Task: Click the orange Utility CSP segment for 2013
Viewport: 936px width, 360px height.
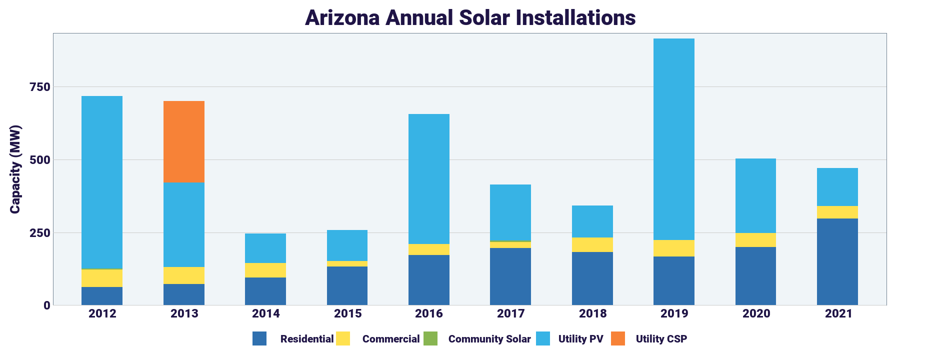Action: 183,142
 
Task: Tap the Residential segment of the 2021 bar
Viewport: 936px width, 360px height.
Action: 837,261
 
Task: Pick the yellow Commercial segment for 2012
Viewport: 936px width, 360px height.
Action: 102,278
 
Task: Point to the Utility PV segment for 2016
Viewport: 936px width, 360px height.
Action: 428,179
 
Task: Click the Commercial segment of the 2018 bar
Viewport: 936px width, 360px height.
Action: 592,244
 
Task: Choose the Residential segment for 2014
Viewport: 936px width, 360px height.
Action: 265,291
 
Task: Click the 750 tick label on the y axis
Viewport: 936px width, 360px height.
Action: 40,87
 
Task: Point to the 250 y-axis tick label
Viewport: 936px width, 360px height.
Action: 40,233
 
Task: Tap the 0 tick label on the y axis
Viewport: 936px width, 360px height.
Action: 47,305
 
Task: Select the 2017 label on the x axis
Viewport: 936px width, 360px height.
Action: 510,314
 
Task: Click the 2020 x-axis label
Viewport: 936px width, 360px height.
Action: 755,314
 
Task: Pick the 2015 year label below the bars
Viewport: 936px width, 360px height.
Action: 347,314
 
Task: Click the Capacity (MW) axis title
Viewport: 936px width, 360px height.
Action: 15,169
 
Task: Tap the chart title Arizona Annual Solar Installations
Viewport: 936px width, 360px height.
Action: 470,18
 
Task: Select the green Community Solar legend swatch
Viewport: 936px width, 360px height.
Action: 430,338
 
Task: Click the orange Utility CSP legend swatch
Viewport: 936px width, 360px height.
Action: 618,338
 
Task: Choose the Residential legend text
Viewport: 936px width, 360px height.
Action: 306,339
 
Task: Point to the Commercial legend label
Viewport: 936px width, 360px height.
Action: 390,339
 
